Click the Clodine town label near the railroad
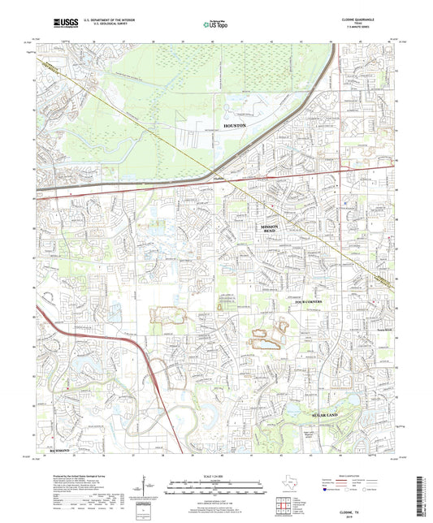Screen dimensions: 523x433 point(218,179)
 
